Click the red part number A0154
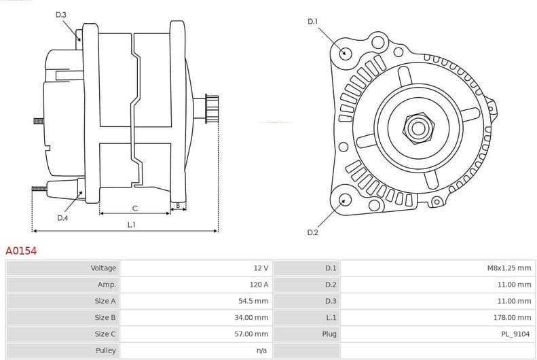[21, 251]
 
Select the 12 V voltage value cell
[261, 268]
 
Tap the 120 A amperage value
[259, 285]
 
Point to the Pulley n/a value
[262, 350]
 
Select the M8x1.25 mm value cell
[508, 268]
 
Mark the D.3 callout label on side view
[61, 15]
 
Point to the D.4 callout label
[62, 218]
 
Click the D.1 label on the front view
[312, 22]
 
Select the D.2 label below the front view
[312, 233]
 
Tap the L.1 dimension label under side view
[132, 224]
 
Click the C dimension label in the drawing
[134, 208]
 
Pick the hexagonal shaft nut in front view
[416, 126]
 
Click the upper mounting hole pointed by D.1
[346, 53]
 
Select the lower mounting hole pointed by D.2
[346, 200]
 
